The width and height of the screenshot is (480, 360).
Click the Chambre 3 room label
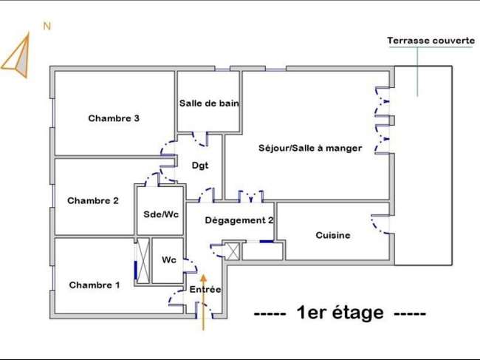[114, 118]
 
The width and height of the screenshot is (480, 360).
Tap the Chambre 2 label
[93, 200]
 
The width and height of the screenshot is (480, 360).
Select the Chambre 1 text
[95, 285]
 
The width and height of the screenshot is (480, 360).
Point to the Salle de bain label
[209, 103]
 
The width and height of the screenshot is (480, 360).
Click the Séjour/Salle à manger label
[310, 148]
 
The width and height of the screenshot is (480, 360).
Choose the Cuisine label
[333, 235]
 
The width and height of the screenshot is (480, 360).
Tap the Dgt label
[200, 166]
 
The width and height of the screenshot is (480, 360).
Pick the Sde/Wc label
[161, 214]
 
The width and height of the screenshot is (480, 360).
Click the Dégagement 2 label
[239, 220]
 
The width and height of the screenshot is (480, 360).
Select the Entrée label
[205, 289]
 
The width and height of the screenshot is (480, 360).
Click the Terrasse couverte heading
[431, 41]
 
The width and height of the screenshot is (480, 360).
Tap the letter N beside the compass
[47, 27]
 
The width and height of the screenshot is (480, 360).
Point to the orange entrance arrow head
[203, 278]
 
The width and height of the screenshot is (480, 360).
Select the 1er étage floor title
[340, 313]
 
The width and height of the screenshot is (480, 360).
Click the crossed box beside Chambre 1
[143, 261]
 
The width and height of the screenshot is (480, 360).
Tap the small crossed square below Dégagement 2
[233, 251]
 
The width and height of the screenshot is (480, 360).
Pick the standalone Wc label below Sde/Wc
[169, 260]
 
